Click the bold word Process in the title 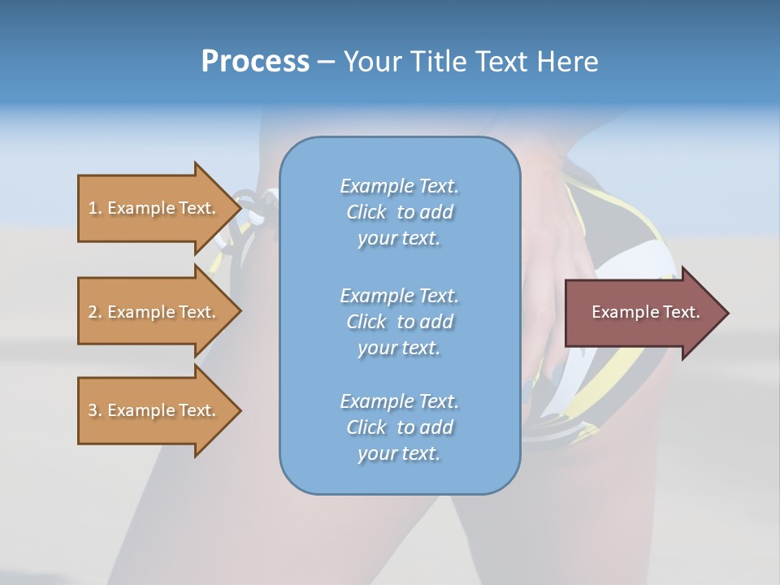point(255,62)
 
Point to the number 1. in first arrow point(95,208)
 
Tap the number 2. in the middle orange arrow point(95,312)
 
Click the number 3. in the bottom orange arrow point(95,410)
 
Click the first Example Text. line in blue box point(399,186)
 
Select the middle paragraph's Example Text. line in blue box point(399,296)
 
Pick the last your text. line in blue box point(399,453)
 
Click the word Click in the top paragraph point(366,212)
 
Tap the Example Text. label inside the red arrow point(645,312)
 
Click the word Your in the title point(370,62)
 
